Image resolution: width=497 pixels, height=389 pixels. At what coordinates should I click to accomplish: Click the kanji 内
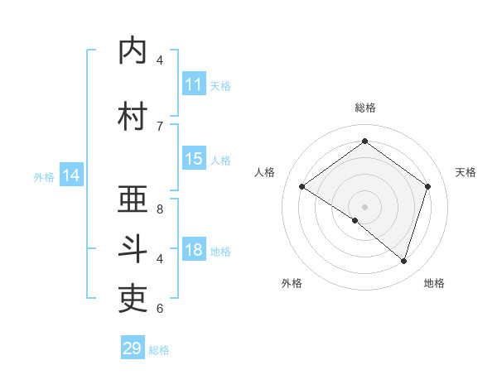pyautogui.click(x=133, y=50)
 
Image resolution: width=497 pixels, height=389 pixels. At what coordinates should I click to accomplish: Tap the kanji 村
pyautogui.click(x=133, y=117)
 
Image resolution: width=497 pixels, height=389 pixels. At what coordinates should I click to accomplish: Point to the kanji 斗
pyautogui.click(x=133, y=249)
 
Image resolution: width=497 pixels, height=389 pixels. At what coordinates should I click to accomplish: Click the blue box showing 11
pyautogui.click(x=193, y=84)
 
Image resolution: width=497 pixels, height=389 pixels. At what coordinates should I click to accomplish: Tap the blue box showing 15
pyautogui.click(x=193, y=159)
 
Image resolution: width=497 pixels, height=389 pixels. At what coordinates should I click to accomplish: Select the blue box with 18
pyautogui.click(x=193, y=250)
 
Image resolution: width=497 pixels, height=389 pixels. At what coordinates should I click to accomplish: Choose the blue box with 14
pyautogui.click(x=71, y=175)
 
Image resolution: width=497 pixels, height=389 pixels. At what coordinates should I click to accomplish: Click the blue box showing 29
pyautogui.click(x=133, y=348)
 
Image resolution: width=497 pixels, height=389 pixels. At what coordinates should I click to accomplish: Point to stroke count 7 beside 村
pyautogui.click(x=160, y=126)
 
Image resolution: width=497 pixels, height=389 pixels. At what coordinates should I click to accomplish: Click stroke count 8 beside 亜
pyautogui.click(x=160, y=209)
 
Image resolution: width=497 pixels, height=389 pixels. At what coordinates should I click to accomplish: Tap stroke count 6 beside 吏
pyautogui.click(x=160, y=308)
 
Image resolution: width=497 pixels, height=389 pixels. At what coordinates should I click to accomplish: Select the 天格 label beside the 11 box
pyautogui.click(x=220, y=86)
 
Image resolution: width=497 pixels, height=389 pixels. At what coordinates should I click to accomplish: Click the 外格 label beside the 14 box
pyautogui.click(x=44, y=177)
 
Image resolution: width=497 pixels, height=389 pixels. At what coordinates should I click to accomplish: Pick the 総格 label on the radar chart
pyautogui.click(x=364, y=108)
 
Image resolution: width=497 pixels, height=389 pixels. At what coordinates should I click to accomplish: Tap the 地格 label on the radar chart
pyautogui.click(x=434, y=284)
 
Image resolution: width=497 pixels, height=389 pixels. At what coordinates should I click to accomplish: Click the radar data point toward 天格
pyautogui.click(x=427, y=186)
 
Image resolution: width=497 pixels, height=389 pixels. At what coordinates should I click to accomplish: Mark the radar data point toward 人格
pyautogui.click(x=302, y=187)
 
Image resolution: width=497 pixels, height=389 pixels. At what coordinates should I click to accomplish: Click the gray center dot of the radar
pyautogui.click(x=364, y=206)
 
